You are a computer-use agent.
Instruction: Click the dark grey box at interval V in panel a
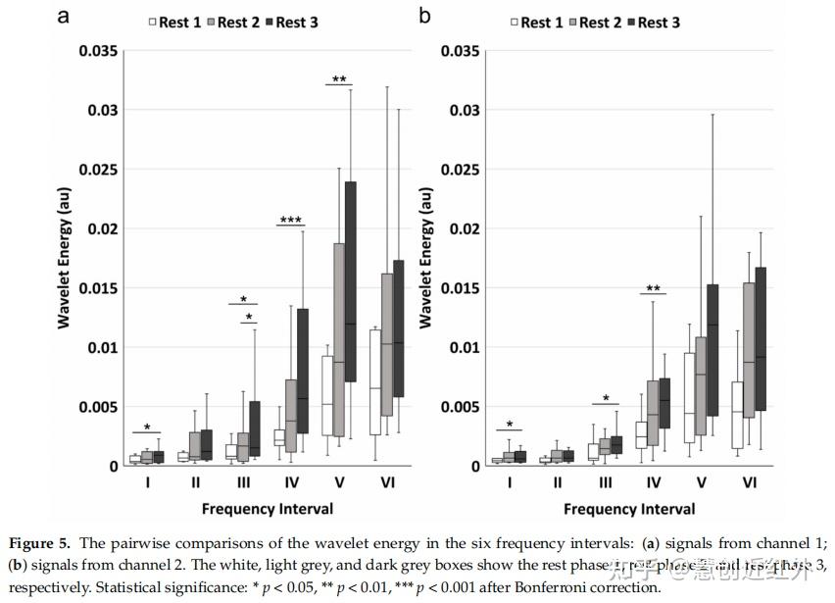tap(351, 281)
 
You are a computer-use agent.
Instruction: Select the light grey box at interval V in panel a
tap(339, 339)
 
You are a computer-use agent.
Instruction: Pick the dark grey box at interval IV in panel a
tap(303, 371)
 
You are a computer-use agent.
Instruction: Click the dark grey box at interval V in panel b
tap(712, 350)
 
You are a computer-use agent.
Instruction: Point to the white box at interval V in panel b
tap(690, 397)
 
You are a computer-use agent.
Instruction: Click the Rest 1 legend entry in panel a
tap(175, 22)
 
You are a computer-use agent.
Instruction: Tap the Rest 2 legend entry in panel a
tap(233, 22)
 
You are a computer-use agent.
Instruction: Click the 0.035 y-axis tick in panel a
tap(98, 51)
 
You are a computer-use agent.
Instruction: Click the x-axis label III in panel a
tap(243, 481)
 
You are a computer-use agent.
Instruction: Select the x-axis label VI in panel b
tap(749, 481)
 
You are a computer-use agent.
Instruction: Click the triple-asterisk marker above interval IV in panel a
tap(290, 221)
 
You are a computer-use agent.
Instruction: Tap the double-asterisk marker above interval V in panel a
tap(339, 80)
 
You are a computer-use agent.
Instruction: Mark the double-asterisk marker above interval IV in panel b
tap(652, 289)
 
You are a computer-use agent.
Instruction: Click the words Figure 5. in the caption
tap(42, 542)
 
